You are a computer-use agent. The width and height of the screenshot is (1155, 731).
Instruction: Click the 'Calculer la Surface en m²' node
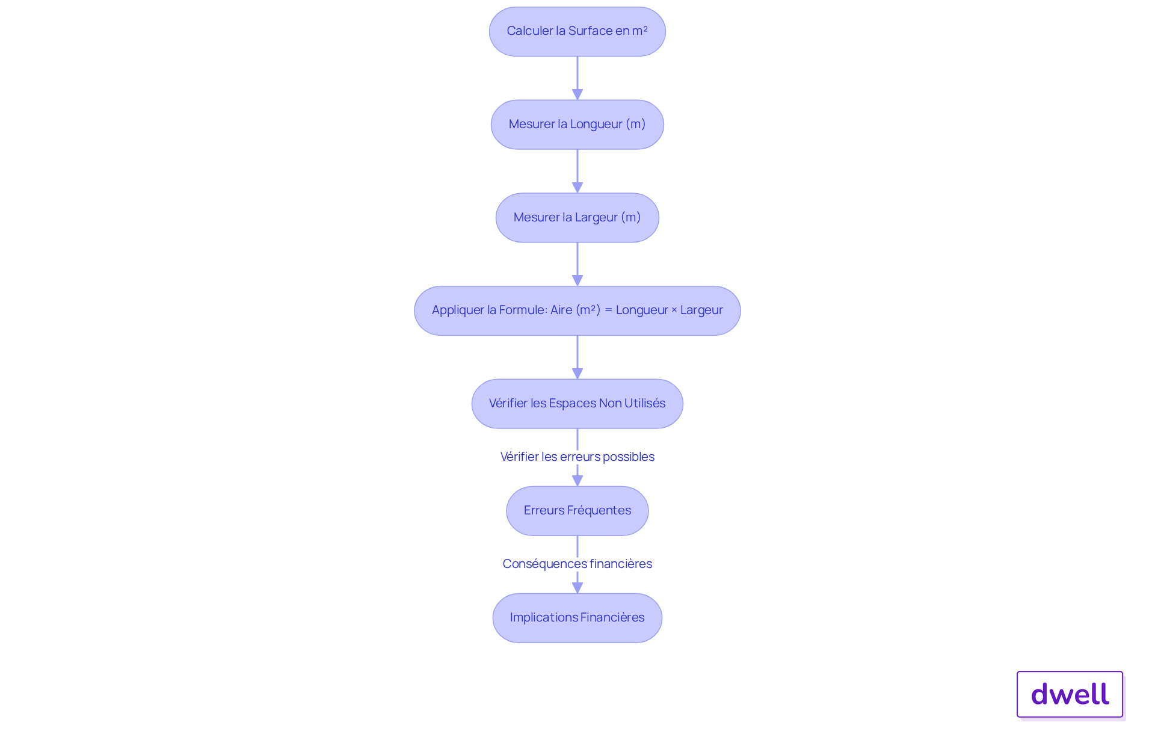(577, 32)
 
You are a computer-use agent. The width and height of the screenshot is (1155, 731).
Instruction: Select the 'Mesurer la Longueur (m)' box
(577, 125)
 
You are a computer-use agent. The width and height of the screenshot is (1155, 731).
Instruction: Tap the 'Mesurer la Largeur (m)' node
(577, 218)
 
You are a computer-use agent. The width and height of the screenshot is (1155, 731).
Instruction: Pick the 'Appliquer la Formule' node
(577, 310)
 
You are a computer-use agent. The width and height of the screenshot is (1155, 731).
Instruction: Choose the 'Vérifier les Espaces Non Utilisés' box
(577, 404)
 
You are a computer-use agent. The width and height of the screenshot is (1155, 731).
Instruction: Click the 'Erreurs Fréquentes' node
(577, 511)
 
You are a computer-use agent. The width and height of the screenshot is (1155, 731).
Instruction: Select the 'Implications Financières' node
(577, 618)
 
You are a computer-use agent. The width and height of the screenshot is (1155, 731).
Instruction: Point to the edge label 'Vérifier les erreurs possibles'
(577, 457)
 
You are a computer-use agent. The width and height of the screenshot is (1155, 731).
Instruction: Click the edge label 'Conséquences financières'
(577, 564)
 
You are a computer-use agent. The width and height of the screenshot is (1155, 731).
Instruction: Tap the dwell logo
(1070, 694)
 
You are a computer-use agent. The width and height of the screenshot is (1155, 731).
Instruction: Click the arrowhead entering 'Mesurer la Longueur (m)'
(577, 94)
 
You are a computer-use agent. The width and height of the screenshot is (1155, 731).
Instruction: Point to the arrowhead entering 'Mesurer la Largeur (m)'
(577, 188)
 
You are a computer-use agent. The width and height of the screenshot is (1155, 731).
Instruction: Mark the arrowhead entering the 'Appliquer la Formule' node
(577, 280)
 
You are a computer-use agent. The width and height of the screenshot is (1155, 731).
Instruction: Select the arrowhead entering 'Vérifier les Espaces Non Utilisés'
(577, 374)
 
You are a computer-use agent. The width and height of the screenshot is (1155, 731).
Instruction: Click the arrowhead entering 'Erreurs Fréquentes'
(577, 481)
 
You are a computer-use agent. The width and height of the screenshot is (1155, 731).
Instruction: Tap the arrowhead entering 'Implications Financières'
(577, 588)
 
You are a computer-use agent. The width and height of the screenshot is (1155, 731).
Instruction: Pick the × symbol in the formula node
(674, 310)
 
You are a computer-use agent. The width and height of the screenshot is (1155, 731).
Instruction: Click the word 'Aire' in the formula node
(561, 310)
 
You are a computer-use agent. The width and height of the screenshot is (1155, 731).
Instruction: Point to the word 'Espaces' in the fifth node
(572, 404)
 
